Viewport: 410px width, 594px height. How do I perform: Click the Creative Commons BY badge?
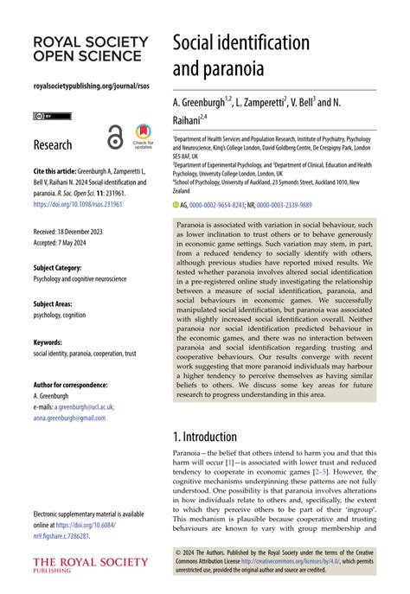[52, 116]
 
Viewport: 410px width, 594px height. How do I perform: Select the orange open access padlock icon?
[115, 137]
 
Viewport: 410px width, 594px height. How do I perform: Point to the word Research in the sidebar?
[53, 144]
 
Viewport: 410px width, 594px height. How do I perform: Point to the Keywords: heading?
[48, 342]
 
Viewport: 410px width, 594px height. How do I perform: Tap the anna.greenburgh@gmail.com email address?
[68, 417]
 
